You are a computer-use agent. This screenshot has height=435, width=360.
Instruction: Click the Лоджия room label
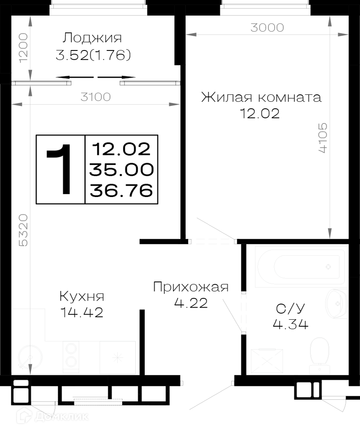[92, 38]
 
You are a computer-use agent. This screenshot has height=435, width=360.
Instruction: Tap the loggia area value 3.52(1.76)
[93, 55]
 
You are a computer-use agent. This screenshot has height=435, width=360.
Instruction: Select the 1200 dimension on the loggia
[23, 48]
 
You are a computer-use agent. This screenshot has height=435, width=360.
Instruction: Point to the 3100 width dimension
[96, 97]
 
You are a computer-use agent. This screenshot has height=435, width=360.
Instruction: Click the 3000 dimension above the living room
[267, 28]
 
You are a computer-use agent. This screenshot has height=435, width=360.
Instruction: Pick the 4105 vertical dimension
[323, 138]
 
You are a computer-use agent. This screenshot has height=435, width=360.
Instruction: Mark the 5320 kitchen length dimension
[23, 230]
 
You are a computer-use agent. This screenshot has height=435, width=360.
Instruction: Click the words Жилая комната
[261, 97]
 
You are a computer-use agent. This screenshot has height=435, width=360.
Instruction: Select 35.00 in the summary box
[121, 170]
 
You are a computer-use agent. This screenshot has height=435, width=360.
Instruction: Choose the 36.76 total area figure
[121, 191]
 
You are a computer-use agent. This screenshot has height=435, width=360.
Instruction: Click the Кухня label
[82, 297]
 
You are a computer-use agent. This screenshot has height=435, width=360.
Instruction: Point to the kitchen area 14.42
[82, 313]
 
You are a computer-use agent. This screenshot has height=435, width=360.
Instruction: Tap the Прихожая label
[191, 287]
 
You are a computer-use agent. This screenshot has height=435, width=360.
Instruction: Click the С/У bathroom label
[290, 308]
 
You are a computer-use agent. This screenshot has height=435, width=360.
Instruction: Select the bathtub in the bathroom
[301, 266]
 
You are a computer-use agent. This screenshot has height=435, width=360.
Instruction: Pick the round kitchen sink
[30, 357]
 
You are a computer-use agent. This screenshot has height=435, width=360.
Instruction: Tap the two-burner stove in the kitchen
[71, 357]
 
